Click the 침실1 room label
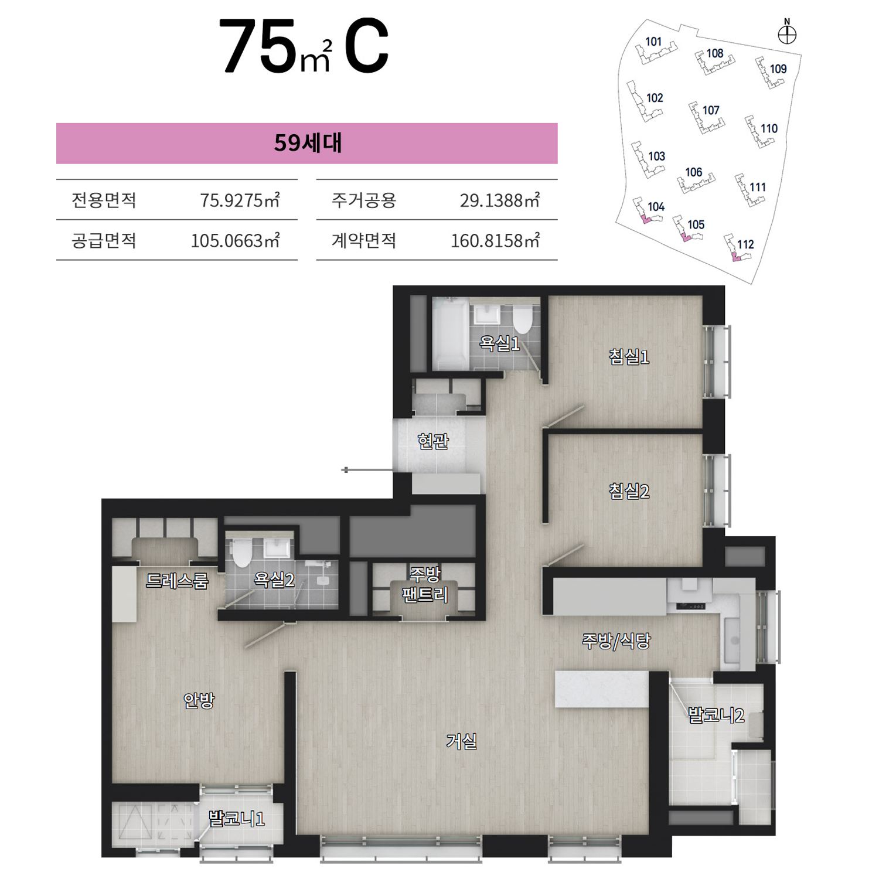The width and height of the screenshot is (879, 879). (629, 356)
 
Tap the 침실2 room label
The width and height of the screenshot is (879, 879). (629, 490)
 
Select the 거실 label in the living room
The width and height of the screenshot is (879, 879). (461, 741)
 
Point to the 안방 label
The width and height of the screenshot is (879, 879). (199, 700)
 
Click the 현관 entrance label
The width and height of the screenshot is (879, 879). (433, 441)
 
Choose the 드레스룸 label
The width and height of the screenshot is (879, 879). (177, 580)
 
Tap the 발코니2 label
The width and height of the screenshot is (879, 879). (716, 715)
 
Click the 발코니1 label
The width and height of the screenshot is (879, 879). (237, 818)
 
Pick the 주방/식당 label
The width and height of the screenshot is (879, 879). (616, 640)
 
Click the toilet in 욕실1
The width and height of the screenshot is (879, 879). (522, 319)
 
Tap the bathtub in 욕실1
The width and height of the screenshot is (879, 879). (451, 334)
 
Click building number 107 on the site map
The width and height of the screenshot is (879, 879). (711, 110)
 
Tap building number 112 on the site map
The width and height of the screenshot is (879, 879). (745, 244)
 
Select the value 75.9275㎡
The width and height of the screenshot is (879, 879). (240, 200)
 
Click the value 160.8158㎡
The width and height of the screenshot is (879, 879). (495, 241)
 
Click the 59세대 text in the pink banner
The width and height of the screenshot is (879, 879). (308, 143)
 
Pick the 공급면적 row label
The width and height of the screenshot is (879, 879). (104, 241)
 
